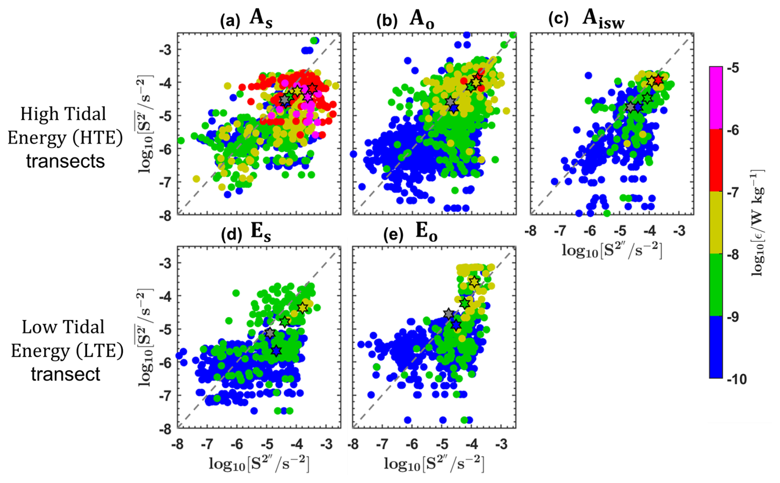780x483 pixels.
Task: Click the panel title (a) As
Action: tap(246, 20)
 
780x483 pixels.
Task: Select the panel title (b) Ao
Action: tap(405, 20)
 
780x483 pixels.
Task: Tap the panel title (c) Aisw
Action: tap(586, 20)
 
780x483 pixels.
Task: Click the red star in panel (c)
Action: tap(658, 80)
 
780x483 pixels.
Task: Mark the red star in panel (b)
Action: tap(478, 77)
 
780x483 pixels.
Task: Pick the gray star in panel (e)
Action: tap(449, 314)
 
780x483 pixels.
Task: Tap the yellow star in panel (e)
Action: tap(474, 282)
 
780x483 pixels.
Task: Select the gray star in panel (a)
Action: tap(284, 100)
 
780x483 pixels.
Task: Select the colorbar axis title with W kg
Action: tap(759, 223)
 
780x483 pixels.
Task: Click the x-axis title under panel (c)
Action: tap(612, 250)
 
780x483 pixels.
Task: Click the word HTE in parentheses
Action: tap(100, 138)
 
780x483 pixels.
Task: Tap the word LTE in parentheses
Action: tap(101, 351)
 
